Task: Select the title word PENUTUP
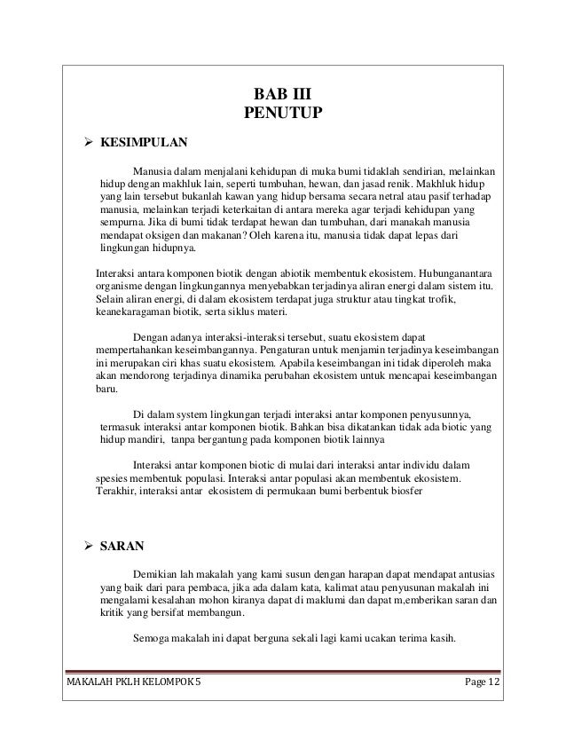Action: [x=282, y=113]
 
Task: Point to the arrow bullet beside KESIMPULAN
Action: [x=88, y=141]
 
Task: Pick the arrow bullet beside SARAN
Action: [x=88, y=544]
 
